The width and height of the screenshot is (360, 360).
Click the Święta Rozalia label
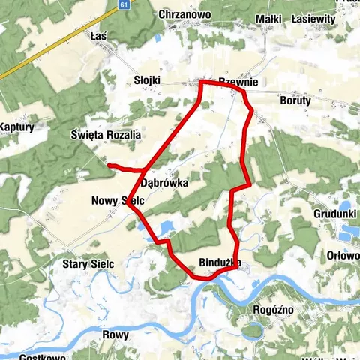pyautogui.click(x=105, y=135)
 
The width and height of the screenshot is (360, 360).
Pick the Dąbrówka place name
pyautogui.click(x=163, y=182)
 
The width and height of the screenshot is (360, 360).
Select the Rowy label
pyautogui.click(x=115, y=335)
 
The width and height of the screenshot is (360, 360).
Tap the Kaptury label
pyautogui.click(x=16, y=127)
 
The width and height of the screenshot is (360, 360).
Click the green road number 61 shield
pyautogui.click(x=124, y=4)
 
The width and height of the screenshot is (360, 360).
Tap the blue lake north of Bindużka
pyautogui.click(x=166, y=226)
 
